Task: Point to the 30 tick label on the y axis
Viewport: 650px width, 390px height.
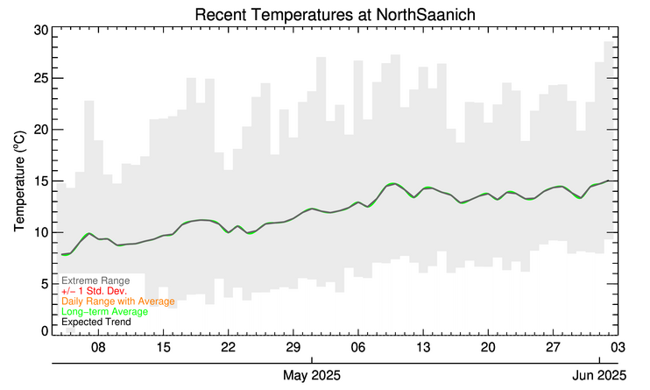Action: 40,29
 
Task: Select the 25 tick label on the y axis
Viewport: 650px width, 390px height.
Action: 40,79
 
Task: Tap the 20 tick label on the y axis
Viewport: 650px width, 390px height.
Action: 40,130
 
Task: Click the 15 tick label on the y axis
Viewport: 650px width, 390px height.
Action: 40,181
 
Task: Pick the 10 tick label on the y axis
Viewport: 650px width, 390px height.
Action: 40,232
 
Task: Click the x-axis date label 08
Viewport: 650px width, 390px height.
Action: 98,347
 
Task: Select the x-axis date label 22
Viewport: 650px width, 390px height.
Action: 228,347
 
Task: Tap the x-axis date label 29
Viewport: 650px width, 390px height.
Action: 293,347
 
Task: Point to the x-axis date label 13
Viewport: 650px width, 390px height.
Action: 422,347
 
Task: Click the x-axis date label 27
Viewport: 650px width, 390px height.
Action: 552,347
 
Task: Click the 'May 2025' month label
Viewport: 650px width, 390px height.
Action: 313,375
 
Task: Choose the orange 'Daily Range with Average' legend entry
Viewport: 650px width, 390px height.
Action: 118,301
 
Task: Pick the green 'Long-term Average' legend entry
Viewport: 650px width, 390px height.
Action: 104,312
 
